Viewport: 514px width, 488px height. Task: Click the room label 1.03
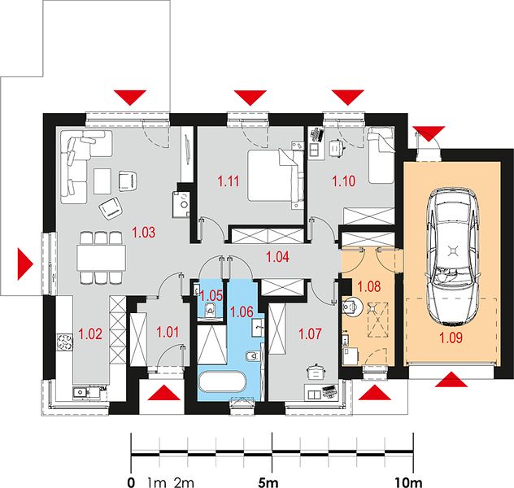[144, 232]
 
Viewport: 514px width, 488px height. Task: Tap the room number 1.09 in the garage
[451, 338]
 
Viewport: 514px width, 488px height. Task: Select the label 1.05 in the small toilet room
[211, 295]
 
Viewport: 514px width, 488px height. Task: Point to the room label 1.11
[229, 181]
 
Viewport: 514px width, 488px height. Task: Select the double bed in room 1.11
[276, 176]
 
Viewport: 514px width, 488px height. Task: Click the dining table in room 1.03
[102, 258]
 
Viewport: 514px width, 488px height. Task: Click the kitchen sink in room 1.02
[81, 392]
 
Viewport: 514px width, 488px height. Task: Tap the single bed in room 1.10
[381, 155]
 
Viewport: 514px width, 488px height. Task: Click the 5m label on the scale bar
[268, 482]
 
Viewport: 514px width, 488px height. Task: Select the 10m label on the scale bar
[409, 482]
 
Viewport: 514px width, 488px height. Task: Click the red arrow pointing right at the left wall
[25, 264]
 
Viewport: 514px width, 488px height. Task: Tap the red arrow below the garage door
[451, 379]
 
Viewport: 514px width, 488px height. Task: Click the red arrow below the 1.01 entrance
[164, 393]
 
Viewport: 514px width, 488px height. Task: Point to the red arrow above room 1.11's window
[250, 98]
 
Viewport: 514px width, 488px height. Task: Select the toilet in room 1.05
[210, 309]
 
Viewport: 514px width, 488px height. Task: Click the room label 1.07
[310, 333]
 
